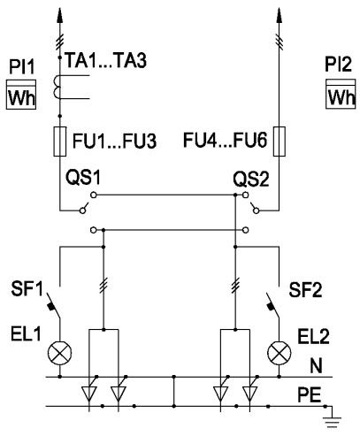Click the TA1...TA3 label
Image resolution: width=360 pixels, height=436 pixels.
click(105, 60)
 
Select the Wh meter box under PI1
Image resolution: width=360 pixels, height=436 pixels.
click(21, 95)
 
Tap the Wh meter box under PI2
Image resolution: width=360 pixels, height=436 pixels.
click(341, 94)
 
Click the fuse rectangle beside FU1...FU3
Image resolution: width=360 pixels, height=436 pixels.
click(60, 142)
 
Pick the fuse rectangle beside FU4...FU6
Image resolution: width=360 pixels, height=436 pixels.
click(279, 142)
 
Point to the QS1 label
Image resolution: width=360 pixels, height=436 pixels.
click(83, 178)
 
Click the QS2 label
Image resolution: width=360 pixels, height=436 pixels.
click(251, 179)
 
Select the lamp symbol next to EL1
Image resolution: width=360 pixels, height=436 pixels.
click(60, 353)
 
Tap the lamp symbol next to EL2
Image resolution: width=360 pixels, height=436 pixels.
click(279, 353)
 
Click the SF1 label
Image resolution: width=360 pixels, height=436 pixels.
click(27, 288)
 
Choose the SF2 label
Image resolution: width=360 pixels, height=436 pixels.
click(305, 290)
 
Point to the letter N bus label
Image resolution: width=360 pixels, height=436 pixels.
click(316, 366)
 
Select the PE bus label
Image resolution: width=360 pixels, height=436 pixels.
click(310, 394)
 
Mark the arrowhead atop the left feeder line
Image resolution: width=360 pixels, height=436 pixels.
click(60, 15)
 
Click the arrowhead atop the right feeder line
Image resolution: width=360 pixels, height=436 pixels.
click(279, 15)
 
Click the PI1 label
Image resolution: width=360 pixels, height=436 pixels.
click(22, 66)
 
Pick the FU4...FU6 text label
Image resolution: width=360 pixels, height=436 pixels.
click(226, 140)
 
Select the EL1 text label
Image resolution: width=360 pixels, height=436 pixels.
click(26, 334)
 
